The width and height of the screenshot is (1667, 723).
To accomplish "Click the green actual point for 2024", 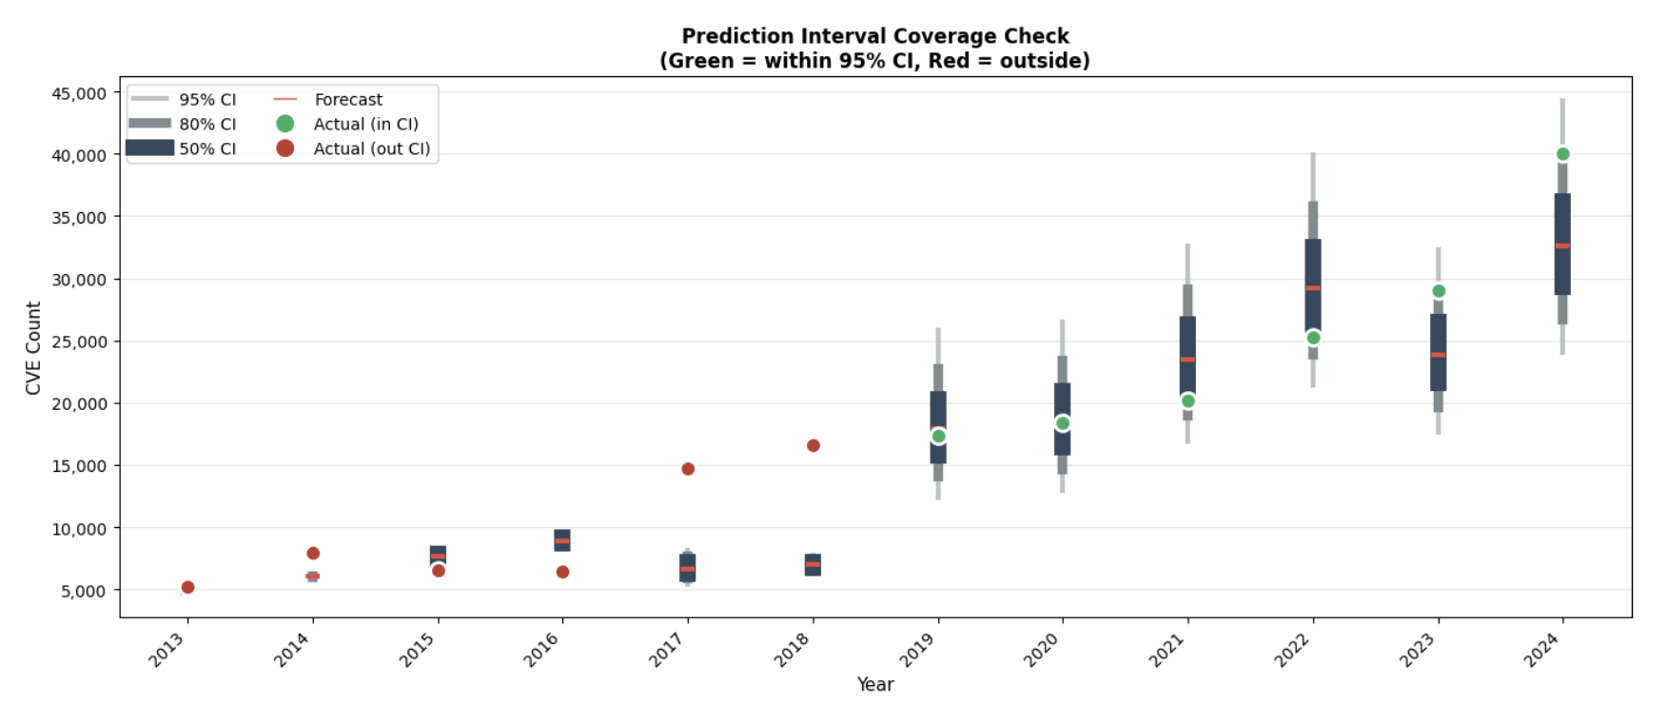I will [x=1562, y=154].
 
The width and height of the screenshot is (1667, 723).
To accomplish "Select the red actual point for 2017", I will [x=688, y=469].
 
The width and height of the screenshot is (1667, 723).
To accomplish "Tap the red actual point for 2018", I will [x=814, y=445].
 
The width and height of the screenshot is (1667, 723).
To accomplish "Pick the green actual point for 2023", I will [x=1439, y=291].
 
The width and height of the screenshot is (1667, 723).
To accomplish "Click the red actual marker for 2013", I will [x=187, y=587].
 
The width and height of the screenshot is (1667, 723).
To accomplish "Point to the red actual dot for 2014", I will [x=313, y=554].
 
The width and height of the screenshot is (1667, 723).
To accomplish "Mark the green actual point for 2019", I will [x=938, y=436].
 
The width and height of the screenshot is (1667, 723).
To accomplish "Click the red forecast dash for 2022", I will [x=1313, y=287].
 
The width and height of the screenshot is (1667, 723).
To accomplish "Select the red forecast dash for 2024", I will [x=1562, y=245].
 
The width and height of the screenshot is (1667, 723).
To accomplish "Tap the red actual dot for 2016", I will [x=562, y=572].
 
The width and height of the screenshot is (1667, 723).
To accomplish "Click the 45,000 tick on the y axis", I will [x=79, y=93].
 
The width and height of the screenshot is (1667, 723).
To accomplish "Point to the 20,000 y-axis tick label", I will [x=79, y=403].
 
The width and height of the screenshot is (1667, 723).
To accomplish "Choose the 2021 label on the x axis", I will [x=1167, y=651].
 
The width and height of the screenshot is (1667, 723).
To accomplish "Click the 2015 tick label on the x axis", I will [x=417, y=651].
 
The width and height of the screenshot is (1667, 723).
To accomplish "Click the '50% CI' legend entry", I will [x=207, y=148].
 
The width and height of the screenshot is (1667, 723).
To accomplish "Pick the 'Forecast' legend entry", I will [x=348, y=99].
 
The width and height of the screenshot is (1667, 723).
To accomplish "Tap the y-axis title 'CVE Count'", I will [x=33, y=348].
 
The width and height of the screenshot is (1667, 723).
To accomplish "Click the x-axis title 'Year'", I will [x=875, y=684].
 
